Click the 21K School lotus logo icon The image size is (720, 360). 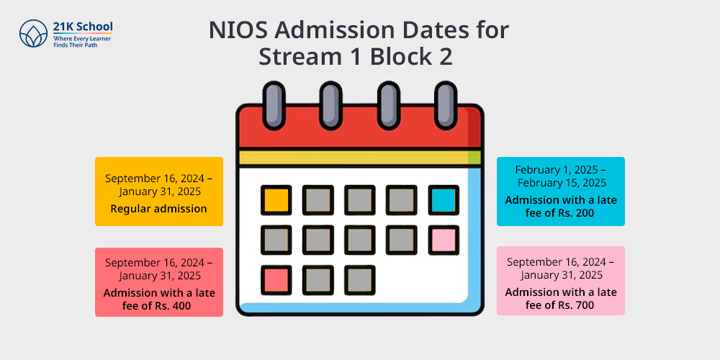(x=34, y=33)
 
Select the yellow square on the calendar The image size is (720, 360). (x=276, y=200)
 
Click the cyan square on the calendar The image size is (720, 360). (x=444, y=200)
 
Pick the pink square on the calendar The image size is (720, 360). (x=444, y=240)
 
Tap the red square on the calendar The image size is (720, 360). (x=276, y=280)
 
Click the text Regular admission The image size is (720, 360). (x=159, y=209)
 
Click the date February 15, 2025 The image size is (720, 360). (x=562, y=183)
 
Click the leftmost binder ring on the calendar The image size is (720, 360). (x=274, y=106)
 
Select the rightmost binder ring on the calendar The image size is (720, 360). (x=446, y=106)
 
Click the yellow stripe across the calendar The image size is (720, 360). (x=360, y=158)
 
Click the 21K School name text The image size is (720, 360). (x=83, y=27)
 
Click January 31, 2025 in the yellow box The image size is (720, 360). (x=159, y=191)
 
